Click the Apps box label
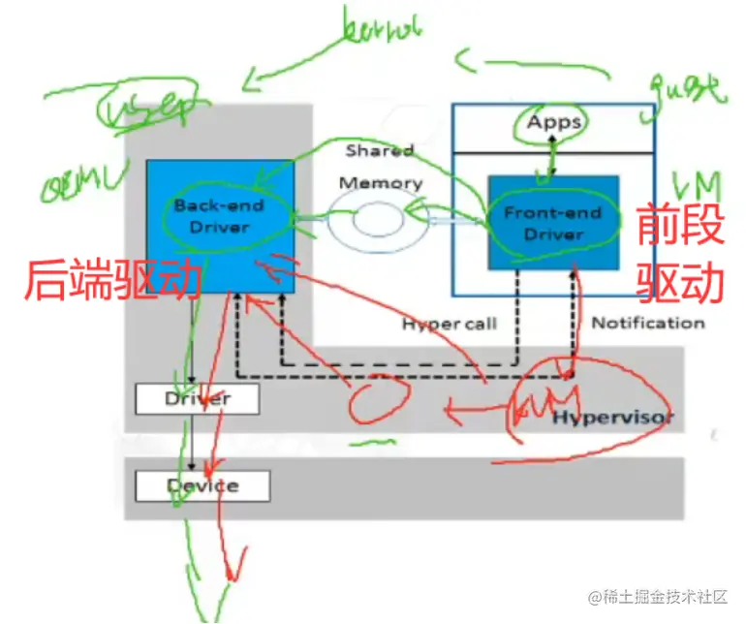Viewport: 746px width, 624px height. [554, 122]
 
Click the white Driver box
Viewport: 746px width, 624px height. [197, 398]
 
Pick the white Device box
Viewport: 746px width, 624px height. [202, 485]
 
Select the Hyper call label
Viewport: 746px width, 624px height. [449, 324]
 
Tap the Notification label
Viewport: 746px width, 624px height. [647, 323]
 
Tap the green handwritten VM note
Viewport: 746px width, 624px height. [697, 181]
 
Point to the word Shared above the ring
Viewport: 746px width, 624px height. [380, 151]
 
